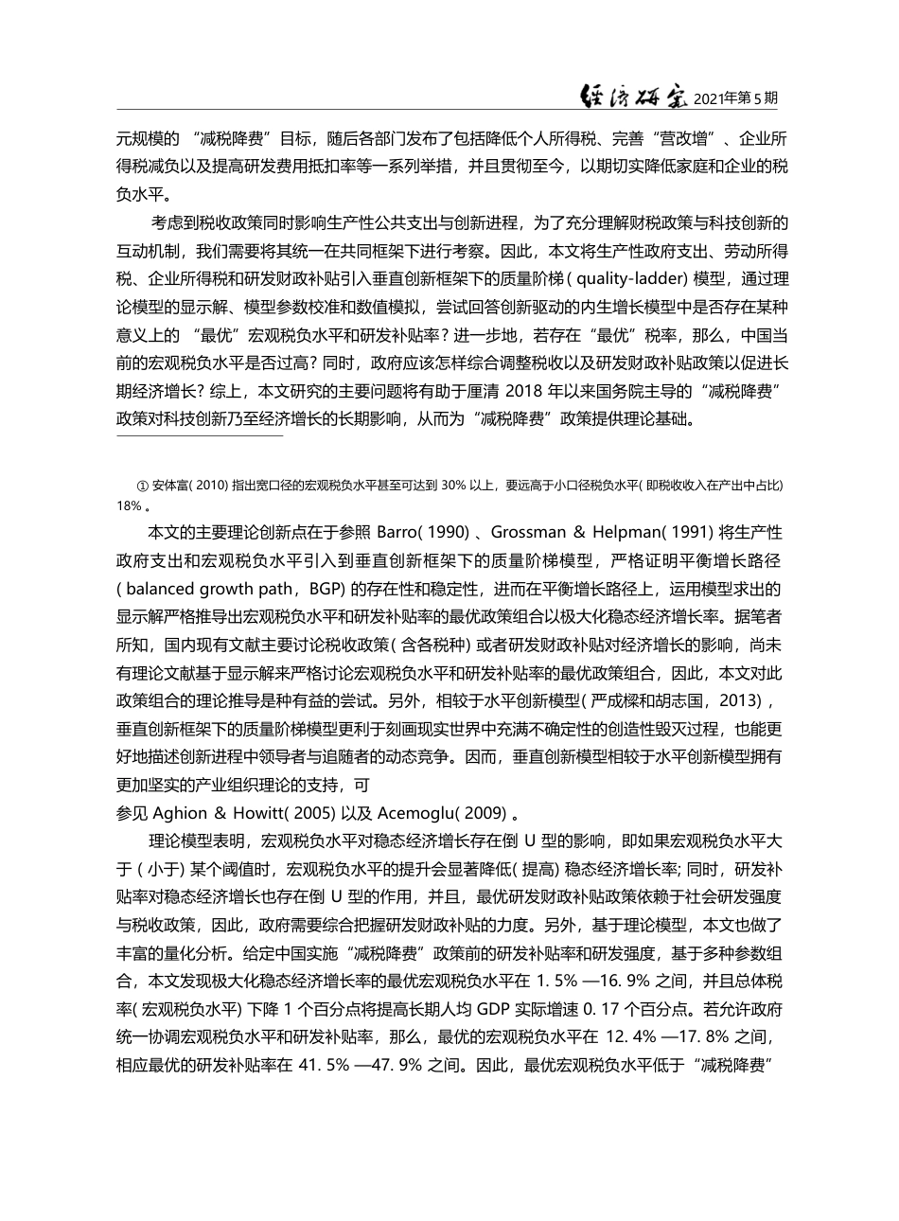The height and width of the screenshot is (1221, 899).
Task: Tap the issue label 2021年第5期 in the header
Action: click(x=735, y=97)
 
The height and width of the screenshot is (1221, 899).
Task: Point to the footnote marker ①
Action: click(x=144, y=486)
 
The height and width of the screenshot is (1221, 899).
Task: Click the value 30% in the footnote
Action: click(x=453, y=486)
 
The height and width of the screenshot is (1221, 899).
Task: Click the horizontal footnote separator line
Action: click(x=200, y=436)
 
